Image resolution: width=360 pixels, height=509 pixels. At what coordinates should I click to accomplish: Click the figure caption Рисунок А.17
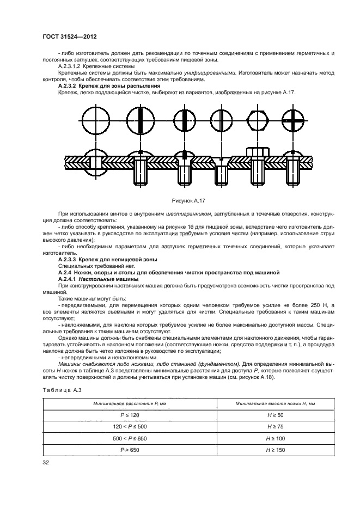187,201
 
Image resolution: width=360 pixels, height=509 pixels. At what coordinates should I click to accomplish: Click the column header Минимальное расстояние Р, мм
129,403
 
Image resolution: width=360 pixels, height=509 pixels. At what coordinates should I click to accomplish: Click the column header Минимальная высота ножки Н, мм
268,403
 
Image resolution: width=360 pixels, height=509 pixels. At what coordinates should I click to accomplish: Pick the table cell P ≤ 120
129,415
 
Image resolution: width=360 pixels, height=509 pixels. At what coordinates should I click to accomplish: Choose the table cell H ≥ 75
268,426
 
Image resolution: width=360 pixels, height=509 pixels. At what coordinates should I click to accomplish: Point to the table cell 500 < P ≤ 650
129,438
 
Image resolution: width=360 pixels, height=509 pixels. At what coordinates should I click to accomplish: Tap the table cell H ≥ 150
268,450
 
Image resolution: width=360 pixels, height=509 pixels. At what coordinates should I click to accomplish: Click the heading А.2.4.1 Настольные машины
99,278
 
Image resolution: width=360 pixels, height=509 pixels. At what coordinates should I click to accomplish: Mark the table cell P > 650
129,450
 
